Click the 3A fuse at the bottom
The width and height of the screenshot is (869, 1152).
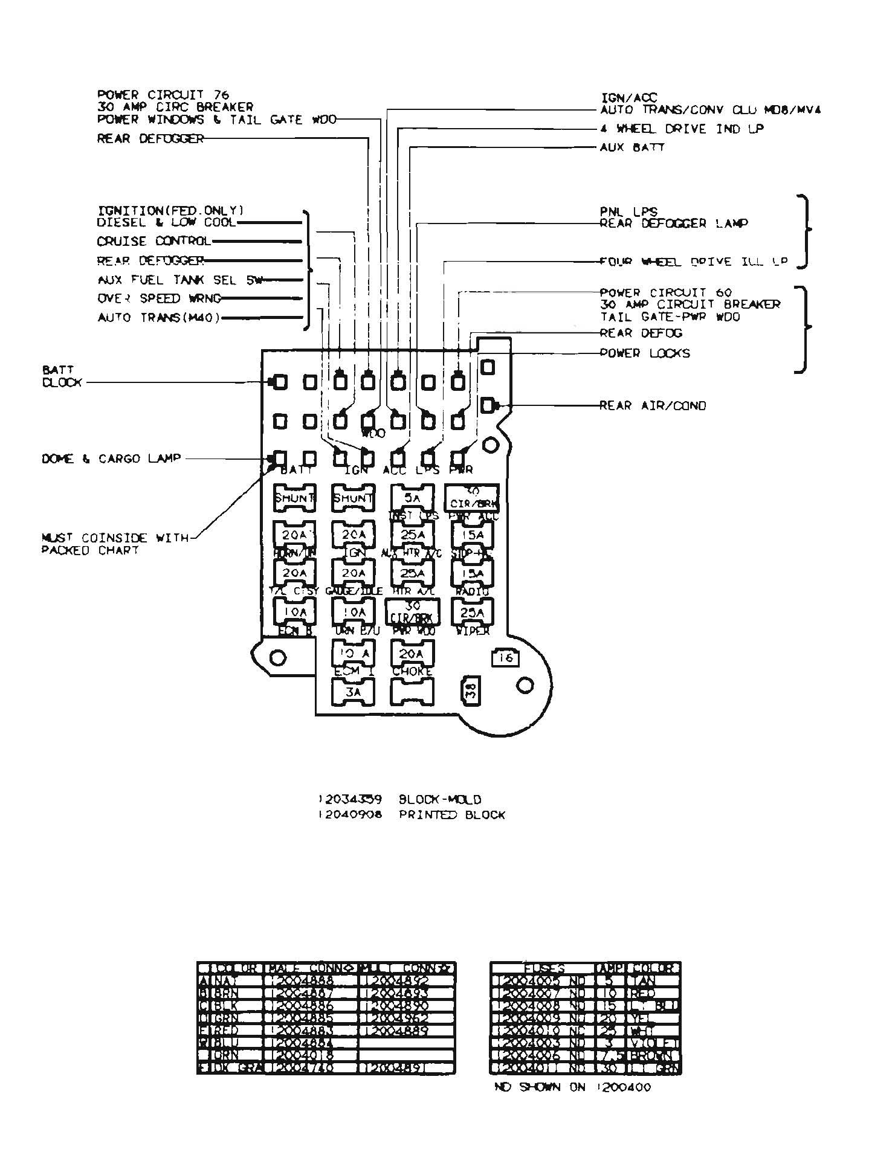(x=354, y=692)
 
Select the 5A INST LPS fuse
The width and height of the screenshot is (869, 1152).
(x=413, y=498)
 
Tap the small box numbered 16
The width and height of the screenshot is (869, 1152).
(x=505, y=657)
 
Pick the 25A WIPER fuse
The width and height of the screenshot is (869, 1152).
(x=473, y=613)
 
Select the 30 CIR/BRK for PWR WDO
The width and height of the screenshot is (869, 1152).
(x=413, y=611)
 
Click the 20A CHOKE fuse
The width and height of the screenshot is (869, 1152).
(x=413, y=654)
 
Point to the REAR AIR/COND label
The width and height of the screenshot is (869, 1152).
(x=653, y=405)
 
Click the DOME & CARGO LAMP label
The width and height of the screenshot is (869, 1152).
(x=111, y=459)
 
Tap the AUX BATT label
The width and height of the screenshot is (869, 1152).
(x=632, y=147)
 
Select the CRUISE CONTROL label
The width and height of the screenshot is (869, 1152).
(x=154, y=241)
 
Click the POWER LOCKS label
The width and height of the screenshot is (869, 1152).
(x=645, y=353)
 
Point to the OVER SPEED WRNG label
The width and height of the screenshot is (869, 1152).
(x=160, y=298)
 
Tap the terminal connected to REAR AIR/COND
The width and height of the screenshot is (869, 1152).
(x=487, y=405)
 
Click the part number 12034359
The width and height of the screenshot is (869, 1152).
(x=350, y=799)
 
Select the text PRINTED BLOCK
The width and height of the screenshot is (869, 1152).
(x=451, y=815)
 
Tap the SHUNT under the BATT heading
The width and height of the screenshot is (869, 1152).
(x=294, y=498)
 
